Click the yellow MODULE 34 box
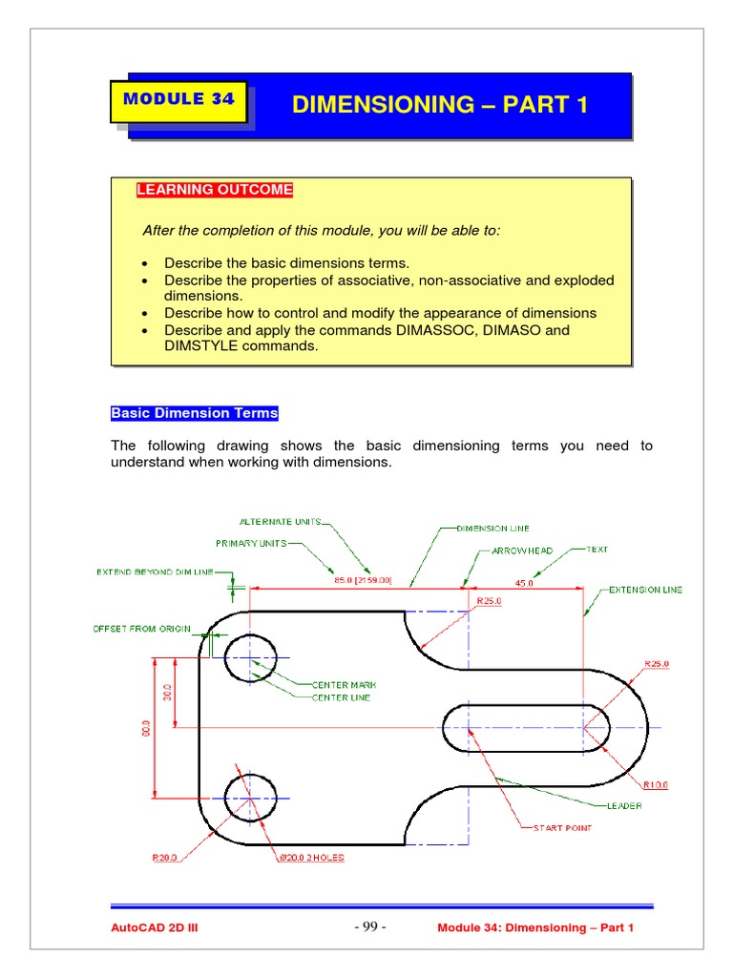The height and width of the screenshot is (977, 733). tap(179, 99)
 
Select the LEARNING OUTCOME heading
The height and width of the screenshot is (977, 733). tap(215, 190)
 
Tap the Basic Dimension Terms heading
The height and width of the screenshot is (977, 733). tap(195, 413)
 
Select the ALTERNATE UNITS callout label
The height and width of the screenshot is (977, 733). tap(280, 522)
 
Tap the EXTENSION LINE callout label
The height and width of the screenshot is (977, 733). tap(646, 591)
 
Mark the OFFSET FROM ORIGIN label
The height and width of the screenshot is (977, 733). tap(141, 629)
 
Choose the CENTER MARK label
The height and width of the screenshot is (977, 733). tap(341, 684)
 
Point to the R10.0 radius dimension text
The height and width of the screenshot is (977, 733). tap(656, 785)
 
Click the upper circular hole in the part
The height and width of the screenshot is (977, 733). tap(250, 657)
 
